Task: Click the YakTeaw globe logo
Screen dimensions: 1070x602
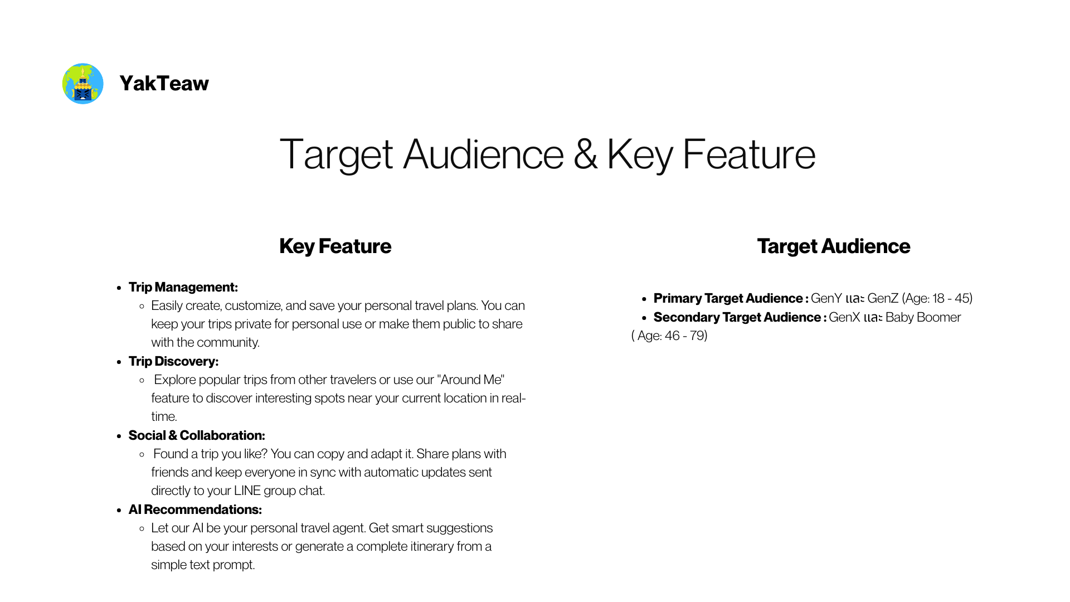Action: (x=82, y=84)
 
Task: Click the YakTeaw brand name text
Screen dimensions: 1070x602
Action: (x=164, y=84)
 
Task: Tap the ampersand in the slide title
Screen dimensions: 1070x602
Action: (x=585, y=154)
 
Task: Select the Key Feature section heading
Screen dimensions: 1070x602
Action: (x=335, y=246)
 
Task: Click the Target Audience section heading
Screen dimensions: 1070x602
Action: (x=833, y=246)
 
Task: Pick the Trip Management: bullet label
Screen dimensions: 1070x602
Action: (x=183, y=287)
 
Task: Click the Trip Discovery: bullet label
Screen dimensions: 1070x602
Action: (x=173, y=361)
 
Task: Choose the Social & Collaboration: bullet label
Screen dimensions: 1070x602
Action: (x=197, y=435)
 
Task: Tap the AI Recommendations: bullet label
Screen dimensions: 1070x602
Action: (x=195, y=509)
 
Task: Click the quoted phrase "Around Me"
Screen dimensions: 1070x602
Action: (x=471, y=380)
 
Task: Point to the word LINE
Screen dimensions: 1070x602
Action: (x=247, y=491)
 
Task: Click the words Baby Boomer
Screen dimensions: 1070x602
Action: (x=923, y=317)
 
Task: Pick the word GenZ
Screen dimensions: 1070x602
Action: (x=883, y=298)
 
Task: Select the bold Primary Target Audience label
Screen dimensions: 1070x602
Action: (x=731, y=298)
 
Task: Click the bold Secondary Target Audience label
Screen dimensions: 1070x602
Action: (x=740, y=317)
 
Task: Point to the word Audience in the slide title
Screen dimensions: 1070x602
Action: (x=483, y=154)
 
